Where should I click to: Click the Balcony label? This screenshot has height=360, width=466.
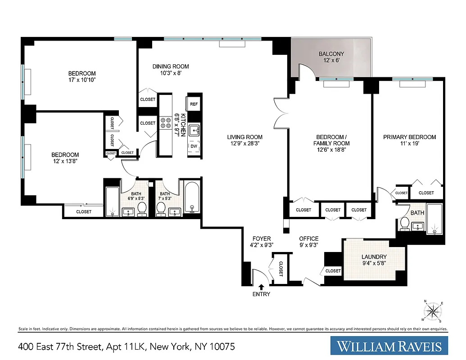[x=331, y=54]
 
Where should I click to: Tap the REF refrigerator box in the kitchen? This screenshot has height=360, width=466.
[x=194, y=104]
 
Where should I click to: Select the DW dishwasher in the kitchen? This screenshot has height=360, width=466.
[x=194, y=146]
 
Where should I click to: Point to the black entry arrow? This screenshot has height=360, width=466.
[x=262, y=287]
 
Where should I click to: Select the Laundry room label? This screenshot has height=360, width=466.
[x=374, y=257]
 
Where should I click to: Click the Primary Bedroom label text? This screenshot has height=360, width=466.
[x=409, y=137]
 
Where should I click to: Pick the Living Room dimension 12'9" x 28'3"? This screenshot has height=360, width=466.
[x=244, y=144]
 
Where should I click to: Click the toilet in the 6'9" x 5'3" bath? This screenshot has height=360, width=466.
[x=142, y=208]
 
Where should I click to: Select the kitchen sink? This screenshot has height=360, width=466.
[x=194, y=130]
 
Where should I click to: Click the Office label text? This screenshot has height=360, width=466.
[x=309, y=238]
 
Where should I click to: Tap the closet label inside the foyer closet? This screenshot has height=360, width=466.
[x=280, y=269]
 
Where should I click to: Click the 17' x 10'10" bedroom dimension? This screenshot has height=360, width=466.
[x=81, y=80]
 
